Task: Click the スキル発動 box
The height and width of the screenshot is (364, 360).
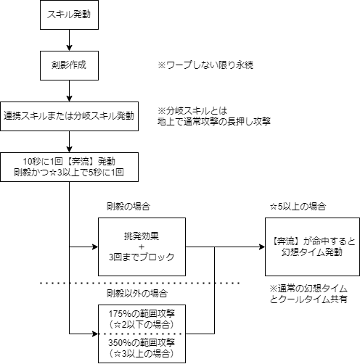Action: point(69,15)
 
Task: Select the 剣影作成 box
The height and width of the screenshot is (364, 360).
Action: point(69,65)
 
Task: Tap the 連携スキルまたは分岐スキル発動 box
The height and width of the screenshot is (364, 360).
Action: point(69,116)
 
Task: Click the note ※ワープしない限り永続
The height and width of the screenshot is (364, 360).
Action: point(205,65)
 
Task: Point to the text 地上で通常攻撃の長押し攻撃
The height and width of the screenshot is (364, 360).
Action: point(214,121)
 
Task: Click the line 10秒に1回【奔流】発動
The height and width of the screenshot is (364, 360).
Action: point(69,162)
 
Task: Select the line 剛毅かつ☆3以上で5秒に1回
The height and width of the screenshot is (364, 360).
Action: point(69,173)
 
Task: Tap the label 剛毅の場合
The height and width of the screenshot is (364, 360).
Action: point(128,207)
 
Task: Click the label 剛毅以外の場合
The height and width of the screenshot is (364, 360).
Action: point(137,294)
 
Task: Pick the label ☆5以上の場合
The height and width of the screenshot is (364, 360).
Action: point(298,207)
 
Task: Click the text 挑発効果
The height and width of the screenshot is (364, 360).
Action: point(142,236)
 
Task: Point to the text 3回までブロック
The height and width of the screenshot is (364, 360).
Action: point(142,257)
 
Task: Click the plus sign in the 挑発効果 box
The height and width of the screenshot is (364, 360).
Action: point(142,247)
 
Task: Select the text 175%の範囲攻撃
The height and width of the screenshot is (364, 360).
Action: point(142,314)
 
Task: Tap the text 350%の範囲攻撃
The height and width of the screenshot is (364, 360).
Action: point(142,343)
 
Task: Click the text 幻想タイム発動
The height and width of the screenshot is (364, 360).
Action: point(312,252)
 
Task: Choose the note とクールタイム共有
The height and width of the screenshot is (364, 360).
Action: point(308,299)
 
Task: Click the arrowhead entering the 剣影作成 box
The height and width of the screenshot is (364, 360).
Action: point(69,48)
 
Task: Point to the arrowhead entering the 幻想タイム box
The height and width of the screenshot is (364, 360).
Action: point(262,247)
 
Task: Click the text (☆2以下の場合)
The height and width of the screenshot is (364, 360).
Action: point(142,324)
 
